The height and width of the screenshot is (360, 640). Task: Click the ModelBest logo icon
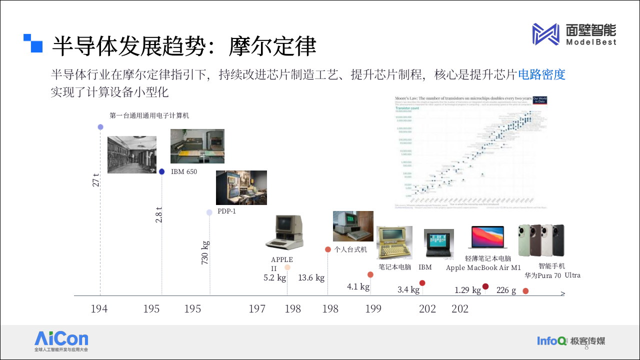coord(545,34)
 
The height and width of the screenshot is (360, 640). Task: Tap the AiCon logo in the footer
coord(61,339)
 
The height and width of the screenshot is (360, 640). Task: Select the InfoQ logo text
coord(552,341)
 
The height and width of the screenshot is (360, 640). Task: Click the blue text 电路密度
coord(541,75)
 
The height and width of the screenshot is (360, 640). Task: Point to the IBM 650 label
coord(184,172)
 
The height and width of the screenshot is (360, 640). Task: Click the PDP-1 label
coord(226,211)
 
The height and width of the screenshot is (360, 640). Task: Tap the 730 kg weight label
coord(205,252)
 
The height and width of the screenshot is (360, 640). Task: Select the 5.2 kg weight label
coord(274,277)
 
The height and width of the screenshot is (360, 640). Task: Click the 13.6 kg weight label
coord(311,277)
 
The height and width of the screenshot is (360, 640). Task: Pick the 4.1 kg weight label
coord(358,286)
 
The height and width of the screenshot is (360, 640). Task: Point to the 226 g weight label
coord(506,290)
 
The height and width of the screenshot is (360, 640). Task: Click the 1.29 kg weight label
coord(467,290)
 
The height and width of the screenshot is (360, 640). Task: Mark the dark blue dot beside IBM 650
coord(161,171)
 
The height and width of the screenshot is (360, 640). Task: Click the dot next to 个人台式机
coord(328,249)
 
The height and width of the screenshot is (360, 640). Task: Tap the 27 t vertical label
coord(96,180)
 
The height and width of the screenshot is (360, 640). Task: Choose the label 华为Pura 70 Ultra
coord(552,275)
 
